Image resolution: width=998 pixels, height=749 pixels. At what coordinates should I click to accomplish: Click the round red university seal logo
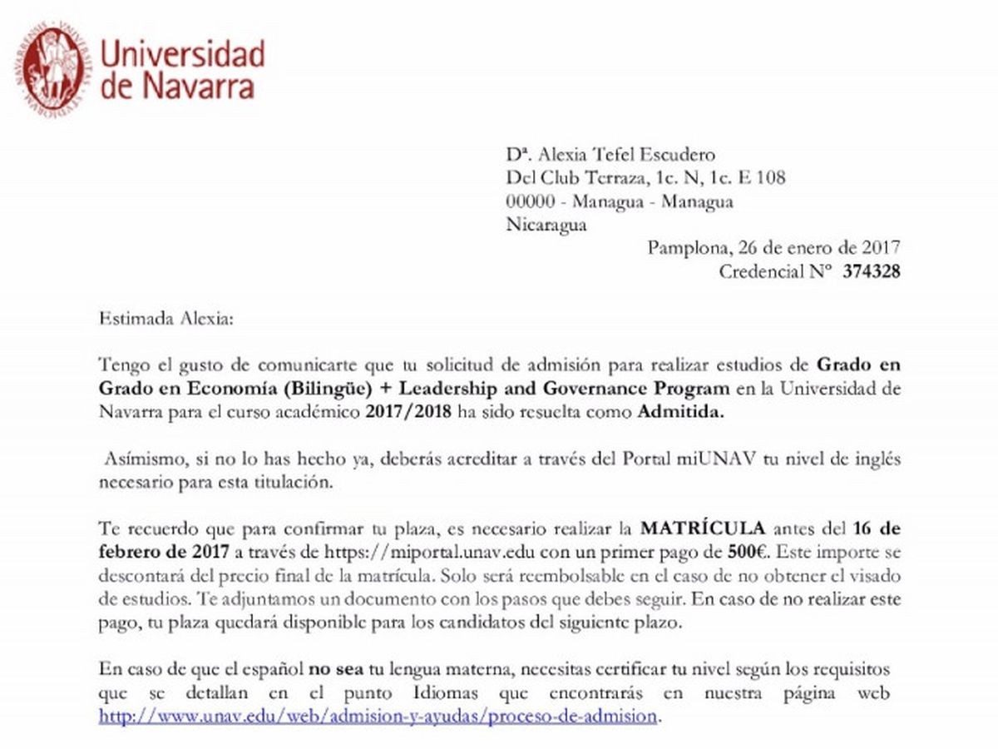[54, 67]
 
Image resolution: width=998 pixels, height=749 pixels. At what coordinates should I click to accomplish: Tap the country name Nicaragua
[546, 225]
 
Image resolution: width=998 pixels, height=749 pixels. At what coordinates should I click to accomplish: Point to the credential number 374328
[871, 271]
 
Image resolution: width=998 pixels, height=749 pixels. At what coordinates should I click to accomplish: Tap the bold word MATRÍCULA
[703, 528]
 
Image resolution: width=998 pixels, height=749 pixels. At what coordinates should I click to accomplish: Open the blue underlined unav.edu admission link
[378, 716]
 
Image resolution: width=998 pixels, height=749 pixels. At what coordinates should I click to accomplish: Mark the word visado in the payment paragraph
[873, 575]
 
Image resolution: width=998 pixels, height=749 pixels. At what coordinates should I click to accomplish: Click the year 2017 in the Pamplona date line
[882, 248]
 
